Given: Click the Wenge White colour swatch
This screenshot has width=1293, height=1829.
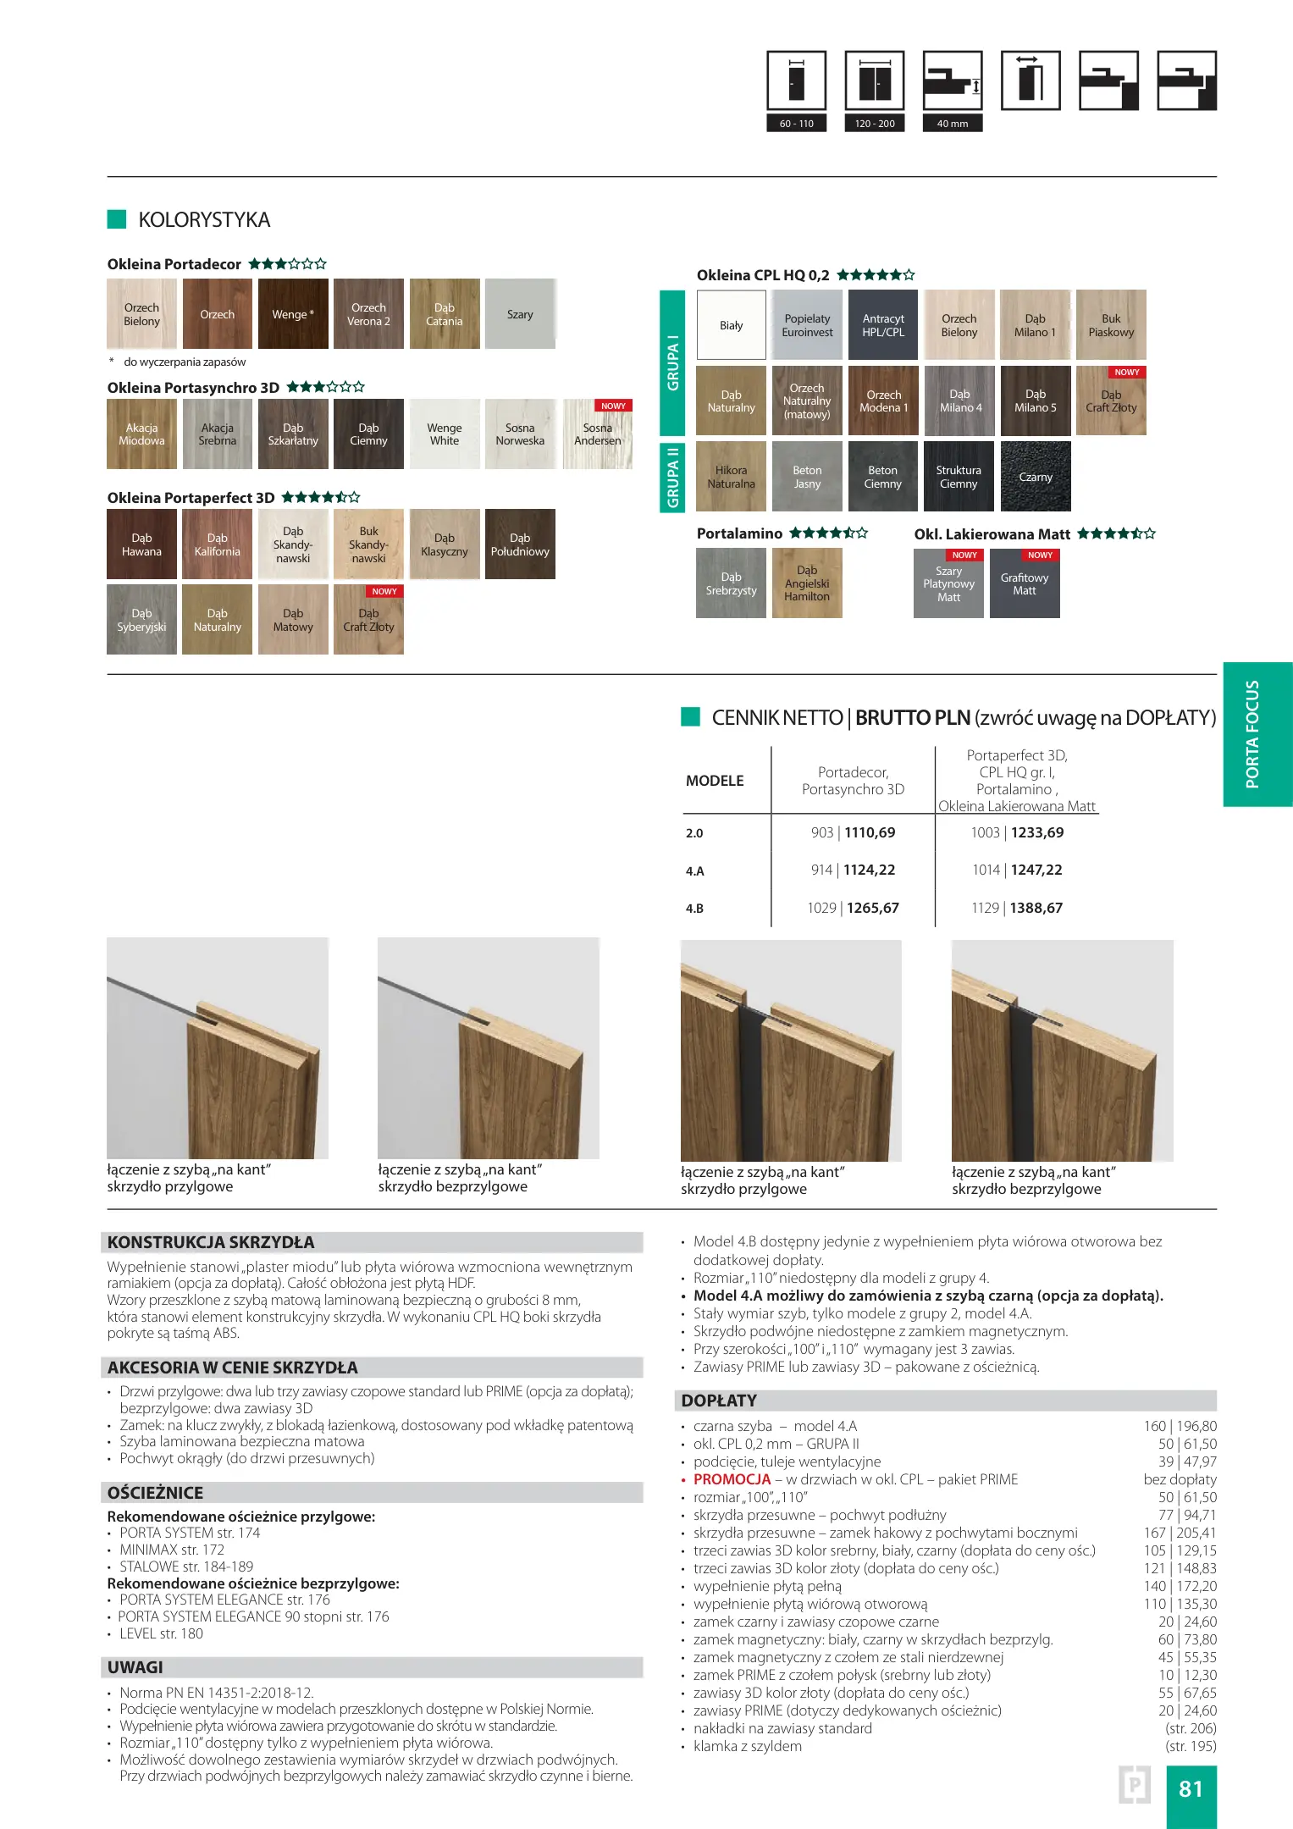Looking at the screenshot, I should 445,434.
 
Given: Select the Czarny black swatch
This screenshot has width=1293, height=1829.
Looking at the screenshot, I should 1036,477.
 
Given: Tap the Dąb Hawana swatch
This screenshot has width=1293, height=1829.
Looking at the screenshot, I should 141,544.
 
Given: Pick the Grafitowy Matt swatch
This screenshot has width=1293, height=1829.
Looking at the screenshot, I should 1025,584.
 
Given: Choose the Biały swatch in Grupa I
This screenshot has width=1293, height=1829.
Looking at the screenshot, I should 732,325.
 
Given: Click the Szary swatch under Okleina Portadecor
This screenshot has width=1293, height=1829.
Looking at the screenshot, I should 520,314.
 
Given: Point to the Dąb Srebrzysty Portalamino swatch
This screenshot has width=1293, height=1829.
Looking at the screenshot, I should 731,583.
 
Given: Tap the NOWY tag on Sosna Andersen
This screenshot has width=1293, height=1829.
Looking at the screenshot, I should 613,406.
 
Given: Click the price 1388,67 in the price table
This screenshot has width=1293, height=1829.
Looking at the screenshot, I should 1036,908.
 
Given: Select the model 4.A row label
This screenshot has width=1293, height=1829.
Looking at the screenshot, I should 695,870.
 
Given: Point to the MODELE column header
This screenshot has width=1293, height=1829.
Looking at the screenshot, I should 715,781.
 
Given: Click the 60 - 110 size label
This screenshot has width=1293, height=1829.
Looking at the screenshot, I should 796,124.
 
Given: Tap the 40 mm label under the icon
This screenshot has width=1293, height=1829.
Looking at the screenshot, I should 953,124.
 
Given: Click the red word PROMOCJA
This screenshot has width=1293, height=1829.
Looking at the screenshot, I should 732,1479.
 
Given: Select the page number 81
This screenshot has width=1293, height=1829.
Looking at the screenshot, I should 1191,1788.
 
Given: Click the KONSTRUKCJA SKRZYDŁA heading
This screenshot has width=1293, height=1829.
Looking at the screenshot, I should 211,1242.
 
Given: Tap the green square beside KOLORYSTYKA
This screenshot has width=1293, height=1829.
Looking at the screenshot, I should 117,219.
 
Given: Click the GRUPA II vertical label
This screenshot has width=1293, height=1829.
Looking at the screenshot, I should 672,478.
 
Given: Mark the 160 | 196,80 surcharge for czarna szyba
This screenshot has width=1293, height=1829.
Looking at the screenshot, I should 1180,1426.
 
